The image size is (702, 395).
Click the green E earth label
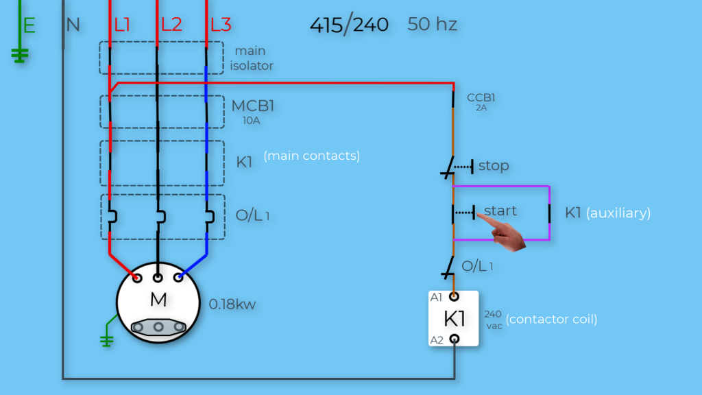click(29, 26)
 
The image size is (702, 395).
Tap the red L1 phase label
click(122, 25)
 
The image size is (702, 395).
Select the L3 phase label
click(221, 25)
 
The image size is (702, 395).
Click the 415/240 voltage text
click(349, 25)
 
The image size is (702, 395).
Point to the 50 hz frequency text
click(432, 25)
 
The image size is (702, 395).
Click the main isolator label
click(252, 58)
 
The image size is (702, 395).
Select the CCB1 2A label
click(481, 101)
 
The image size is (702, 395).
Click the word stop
click(494, 166)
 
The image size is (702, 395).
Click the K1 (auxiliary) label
click(607, 213)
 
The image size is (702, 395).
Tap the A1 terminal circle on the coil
click(454, 297)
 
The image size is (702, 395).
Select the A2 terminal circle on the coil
click(454, 339)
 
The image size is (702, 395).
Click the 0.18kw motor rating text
click(232, 304)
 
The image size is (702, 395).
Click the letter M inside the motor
click(158, 300)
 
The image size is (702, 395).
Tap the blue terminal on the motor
click(179, 278)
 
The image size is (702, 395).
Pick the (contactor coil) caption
click(551, 319)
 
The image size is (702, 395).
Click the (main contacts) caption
click(311, 156)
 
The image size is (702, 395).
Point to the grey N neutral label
click(73, 26)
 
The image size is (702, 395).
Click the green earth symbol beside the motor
click(107, 336)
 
